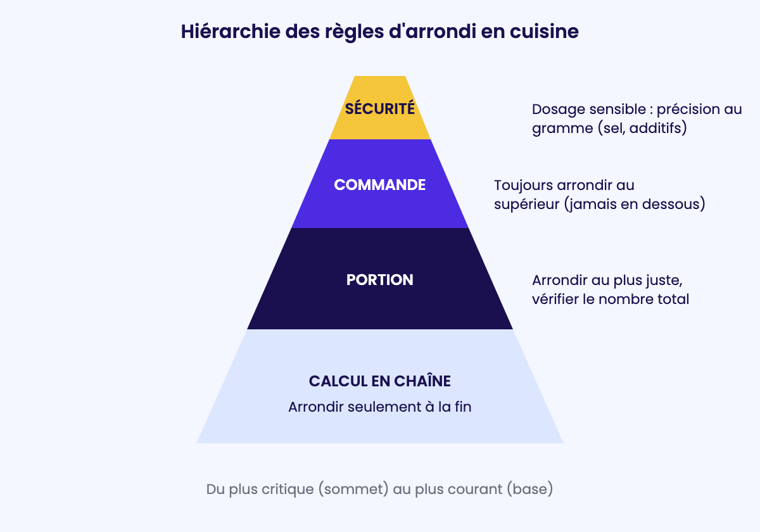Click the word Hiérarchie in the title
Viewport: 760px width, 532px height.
point(231,32)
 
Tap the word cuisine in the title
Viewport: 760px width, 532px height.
point(544,32)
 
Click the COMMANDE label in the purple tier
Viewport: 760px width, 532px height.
point(379,185)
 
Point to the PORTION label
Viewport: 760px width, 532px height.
point(379,280)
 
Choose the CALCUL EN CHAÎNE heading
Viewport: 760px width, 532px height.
point(379,381)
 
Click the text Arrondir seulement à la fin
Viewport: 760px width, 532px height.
point(379,407)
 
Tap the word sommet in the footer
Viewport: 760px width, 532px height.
point(353,489)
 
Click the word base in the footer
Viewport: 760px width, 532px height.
point(530,489)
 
